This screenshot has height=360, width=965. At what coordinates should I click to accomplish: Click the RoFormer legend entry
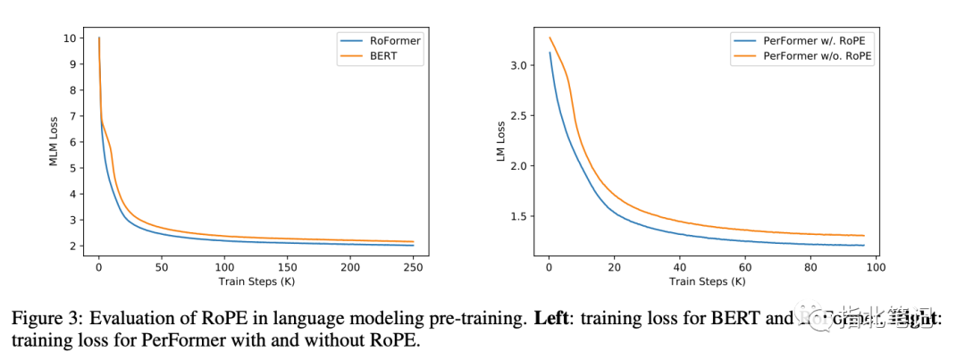[393, 40]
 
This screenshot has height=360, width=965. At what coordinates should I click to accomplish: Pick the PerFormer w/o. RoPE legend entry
[814, 55]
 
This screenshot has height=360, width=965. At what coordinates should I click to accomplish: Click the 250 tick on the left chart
[413, 266]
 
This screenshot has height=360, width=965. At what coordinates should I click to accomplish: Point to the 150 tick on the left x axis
[287, 266]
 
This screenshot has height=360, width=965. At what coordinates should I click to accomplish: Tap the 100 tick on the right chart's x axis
[875, 266]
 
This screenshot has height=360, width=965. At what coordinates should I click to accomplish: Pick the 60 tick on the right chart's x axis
[744, 266]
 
